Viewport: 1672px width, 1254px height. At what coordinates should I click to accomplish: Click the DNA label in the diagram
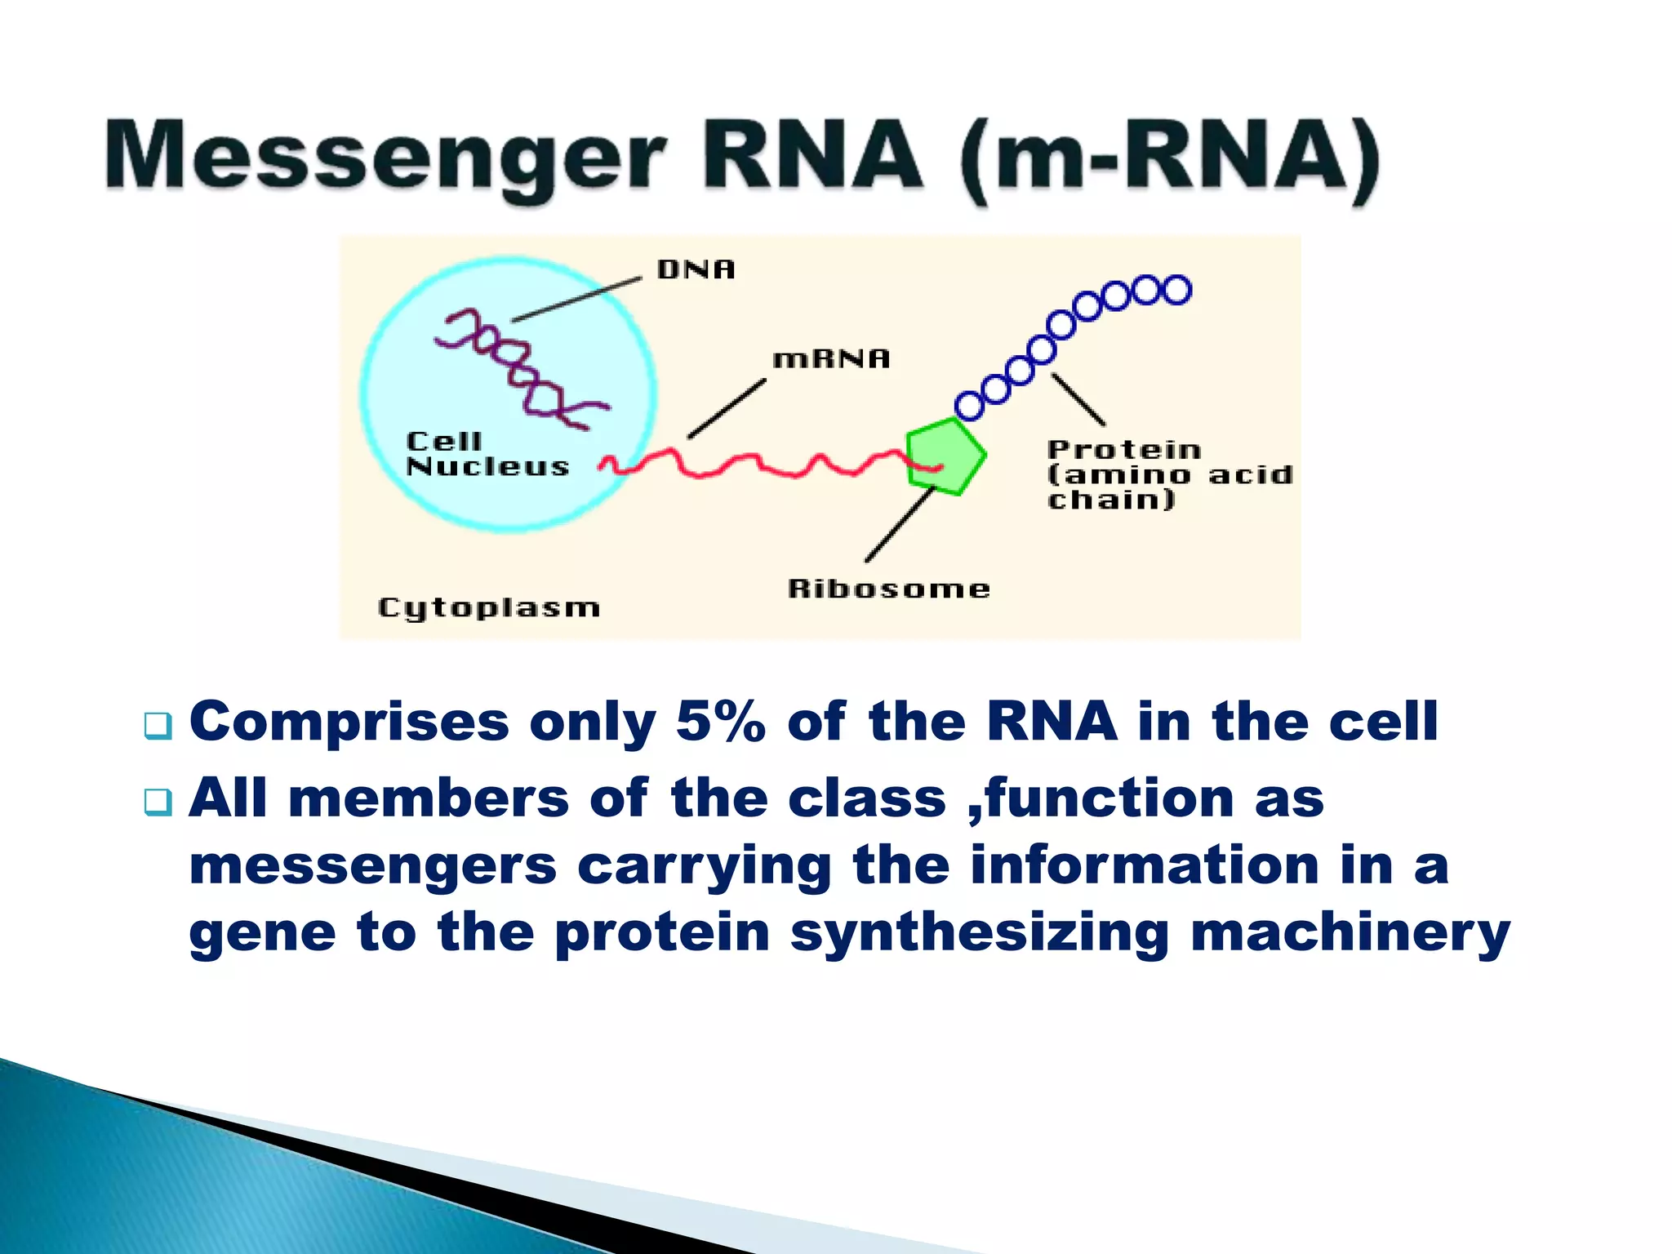coord(696,269)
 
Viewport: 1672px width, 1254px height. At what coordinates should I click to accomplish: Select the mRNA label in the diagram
coord(831,358)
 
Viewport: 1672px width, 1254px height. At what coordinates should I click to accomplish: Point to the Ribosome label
coord(888,589)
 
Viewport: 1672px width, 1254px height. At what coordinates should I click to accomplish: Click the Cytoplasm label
coord(489,608)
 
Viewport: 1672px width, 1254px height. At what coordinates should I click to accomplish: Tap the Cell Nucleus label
coord(487,454)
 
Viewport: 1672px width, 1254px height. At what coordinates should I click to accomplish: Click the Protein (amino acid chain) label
coord(1169,474)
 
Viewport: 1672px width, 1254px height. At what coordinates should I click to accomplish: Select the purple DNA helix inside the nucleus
coord(522,367)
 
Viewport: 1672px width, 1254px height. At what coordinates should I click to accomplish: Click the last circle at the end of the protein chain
coord(1176,290)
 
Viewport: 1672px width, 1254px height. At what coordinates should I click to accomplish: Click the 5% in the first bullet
coord(721,723)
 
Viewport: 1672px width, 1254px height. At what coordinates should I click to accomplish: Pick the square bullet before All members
coord(158,802)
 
